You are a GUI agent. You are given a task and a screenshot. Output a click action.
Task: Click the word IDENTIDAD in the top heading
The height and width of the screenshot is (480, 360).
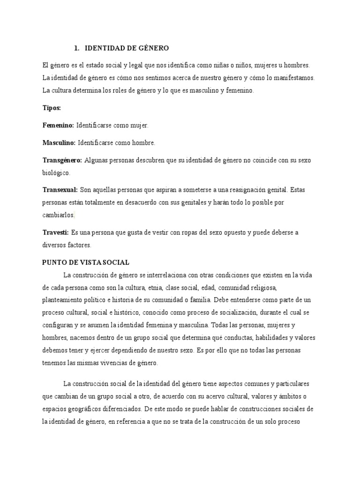(105, 48)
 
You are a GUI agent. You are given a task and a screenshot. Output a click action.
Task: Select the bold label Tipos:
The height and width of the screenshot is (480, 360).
(52, 108)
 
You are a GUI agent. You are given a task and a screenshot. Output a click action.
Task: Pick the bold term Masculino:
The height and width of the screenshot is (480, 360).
(59, 143)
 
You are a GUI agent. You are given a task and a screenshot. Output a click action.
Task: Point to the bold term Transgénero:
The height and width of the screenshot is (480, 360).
(62, 160)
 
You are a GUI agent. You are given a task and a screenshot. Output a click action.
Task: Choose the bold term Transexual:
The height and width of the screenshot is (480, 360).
(60, 190)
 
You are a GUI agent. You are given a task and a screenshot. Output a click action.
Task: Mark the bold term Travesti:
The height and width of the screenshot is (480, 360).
(56, 232)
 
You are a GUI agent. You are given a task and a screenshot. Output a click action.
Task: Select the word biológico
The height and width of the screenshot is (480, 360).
(56, 172)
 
